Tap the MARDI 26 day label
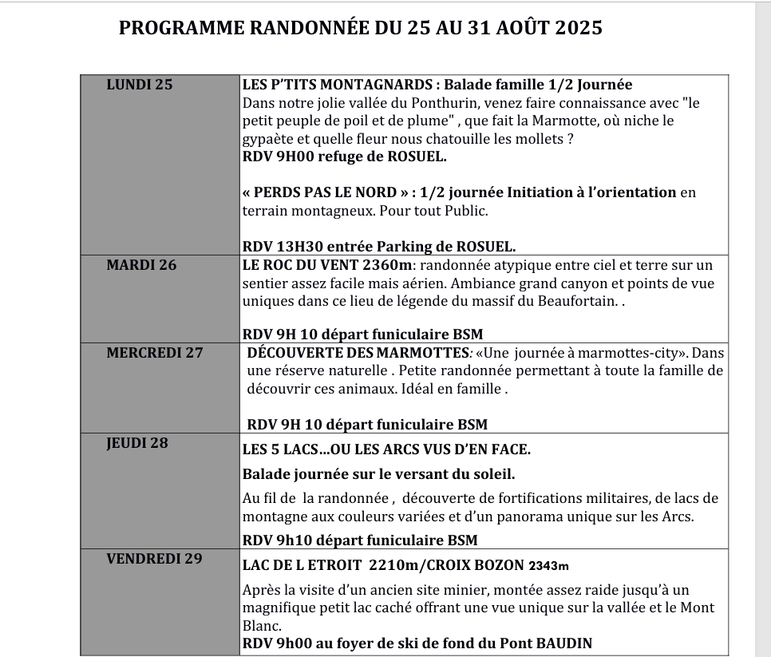141,265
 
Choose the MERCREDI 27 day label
155,352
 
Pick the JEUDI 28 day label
137,442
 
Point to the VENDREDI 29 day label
155,558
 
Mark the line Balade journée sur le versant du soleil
378,473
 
